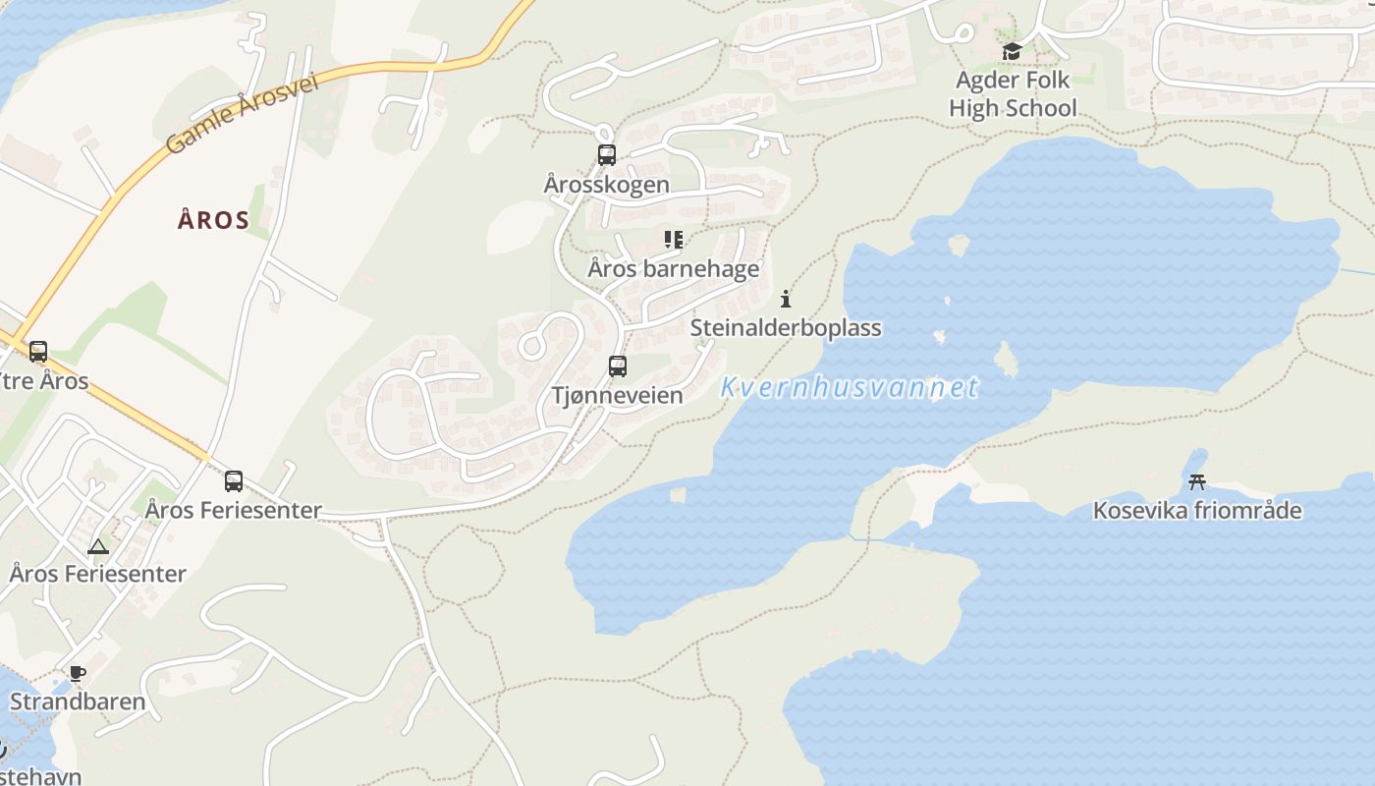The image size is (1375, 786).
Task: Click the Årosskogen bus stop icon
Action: (607, 154)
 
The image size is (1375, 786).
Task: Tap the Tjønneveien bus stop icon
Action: (618, 366)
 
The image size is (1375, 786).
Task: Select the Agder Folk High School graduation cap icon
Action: (1012, 51)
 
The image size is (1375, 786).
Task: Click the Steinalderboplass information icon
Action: (785, 299)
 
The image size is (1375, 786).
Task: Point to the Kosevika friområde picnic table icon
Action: (1197, 481)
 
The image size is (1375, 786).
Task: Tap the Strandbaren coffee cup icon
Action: (77, 673)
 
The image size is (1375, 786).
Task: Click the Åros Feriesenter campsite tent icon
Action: (97, 546)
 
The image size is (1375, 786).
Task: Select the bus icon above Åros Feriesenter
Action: (234, 481)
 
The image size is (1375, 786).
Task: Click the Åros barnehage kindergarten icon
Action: (673, 239)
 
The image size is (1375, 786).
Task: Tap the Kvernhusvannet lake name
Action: (850, 387)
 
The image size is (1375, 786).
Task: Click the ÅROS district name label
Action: (213, 220)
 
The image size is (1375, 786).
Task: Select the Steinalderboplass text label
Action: (786, 327)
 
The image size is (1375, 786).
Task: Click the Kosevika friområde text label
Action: (1197, 510)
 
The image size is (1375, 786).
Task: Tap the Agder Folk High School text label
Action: (1013, 93)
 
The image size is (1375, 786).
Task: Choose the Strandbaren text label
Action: (78, 702)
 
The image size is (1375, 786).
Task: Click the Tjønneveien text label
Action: (617, 395)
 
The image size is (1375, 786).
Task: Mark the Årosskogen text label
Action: (607, 184)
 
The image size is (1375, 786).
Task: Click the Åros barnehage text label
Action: (674, 268)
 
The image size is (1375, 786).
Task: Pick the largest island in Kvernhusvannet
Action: (1006, 359)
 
